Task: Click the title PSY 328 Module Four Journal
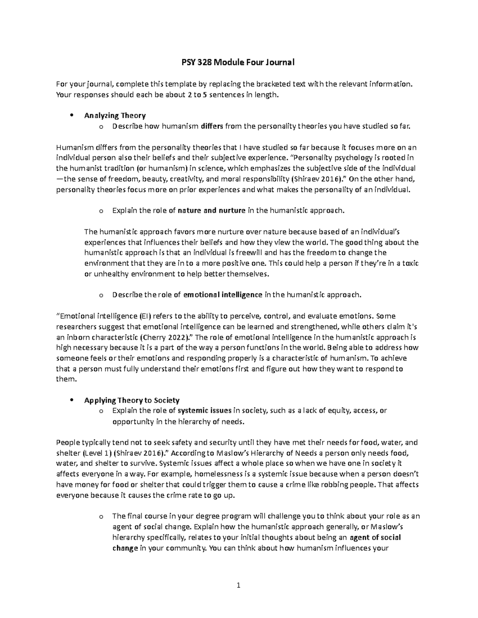pos(239,62)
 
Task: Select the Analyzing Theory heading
pos(115,116)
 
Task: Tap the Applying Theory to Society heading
pos(132,400)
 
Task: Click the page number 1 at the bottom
pos(239,585)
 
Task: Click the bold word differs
pos(212,127)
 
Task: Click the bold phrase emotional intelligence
pos(222,295)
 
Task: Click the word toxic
pos(409,263)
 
